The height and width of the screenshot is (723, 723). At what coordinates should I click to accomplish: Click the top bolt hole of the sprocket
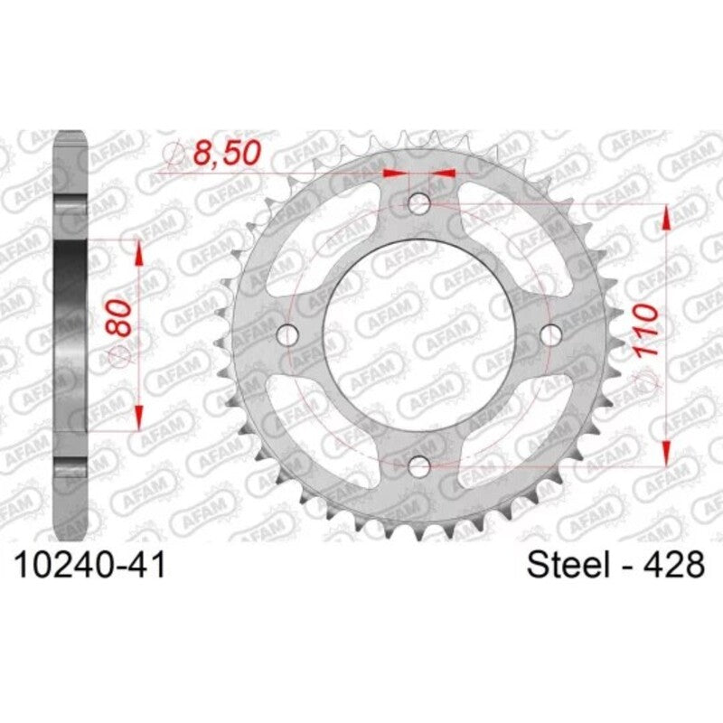[419, 204]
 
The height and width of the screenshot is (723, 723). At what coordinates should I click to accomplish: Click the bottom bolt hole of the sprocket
[419, 466]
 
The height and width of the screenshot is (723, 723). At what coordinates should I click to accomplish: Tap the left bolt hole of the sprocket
[288, 335]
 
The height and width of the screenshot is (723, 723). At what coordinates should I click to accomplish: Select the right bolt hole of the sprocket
[550, 335]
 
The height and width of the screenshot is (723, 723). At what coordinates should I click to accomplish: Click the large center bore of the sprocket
[419, 335]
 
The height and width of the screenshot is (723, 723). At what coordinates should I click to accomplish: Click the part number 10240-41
[88, 566]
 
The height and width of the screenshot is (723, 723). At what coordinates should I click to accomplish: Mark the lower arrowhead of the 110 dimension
[667, 452]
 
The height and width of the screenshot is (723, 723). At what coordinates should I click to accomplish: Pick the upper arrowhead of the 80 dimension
[139, 254]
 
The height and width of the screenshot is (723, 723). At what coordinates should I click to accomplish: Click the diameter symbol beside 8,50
[178, 156]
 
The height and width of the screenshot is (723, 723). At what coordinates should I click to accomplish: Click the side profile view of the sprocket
[70, 307]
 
